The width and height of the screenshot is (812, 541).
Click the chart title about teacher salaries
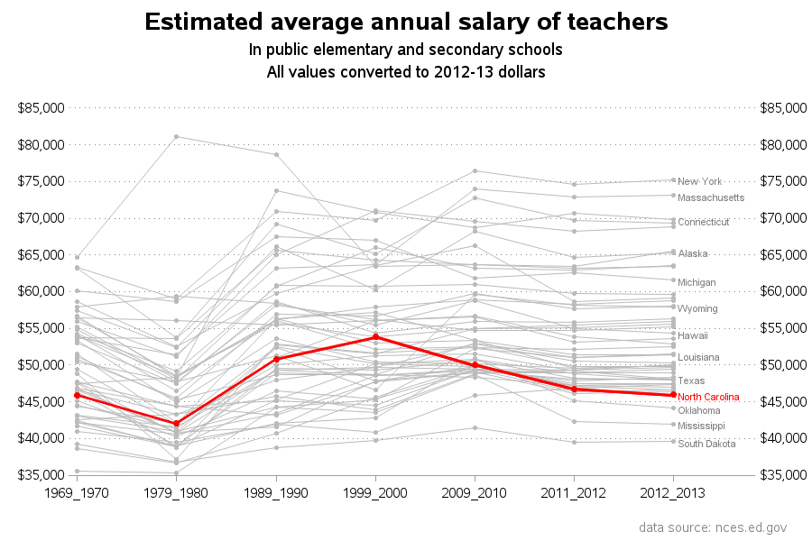(x=406, y=22)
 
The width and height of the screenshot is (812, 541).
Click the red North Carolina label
(x=708, y=397)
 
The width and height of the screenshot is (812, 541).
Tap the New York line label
(x=700, y=181)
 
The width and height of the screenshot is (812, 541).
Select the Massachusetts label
(x=711, y=197)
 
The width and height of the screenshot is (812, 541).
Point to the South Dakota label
(x=706, y=444)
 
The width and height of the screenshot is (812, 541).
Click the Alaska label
(x=693, y=253)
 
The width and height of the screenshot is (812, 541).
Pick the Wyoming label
(x=697, y=308)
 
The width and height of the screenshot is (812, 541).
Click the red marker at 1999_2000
(x=375, y=336)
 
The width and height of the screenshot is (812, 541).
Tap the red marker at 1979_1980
(x=176, y=424)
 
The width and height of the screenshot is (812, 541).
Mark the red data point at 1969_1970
(x=78, y=395)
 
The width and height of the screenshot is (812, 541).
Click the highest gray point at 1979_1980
(x=176, y=137)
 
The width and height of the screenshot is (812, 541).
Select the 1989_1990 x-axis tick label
(x=276, y=493)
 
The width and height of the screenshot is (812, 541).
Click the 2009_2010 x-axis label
(x=475, y=493)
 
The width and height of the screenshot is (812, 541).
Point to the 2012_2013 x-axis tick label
(x=673, y=493)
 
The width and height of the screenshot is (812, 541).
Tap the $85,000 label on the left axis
(x=42, y=108)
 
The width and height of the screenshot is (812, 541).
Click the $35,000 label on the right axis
(x=783, y=475)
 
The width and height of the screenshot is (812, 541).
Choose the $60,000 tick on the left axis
(x=42, y=291)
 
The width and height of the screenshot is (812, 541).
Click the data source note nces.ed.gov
(x=713, y=527)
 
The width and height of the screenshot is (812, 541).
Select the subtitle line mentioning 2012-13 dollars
(x=406, y=71)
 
